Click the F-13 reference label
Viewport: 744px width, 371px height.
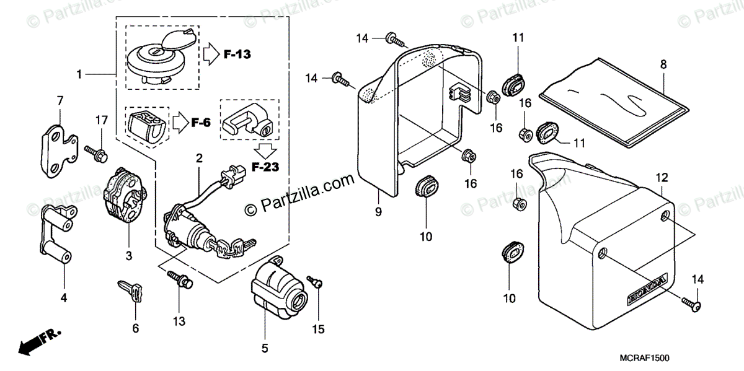pyautogui.click(x=237, y=55)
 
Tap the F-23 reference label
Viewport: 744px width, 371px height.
pyautogui.click(x=265, y=167)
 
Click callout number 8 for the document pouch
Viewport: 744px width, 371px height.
pyautogui.click(x=663, y=64)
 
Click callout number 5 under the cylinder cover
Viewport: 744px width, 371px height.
pyautogui.click(x=265, y=348)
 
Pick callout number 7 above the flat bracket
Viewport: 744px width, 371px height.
pyautogui.click(x=60, y=100)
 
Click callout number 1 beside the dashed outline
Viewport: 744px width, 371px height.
pyautogui.click(x=79, y=74)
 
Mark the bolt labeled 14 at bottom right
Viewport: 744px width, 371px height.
pyautogui.click(x=691, y=303)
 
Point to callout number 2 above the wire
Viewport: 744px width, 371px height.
pyautogui.click(x=199, y=159)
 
